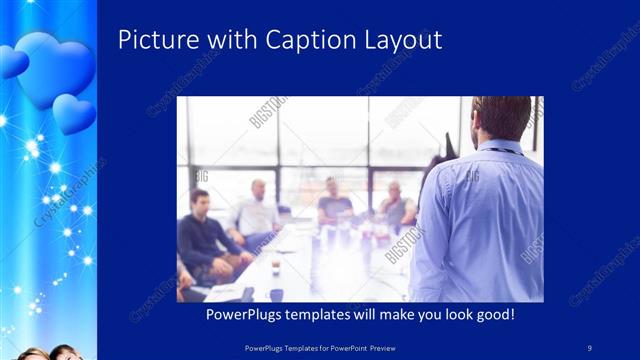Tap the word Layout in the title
click(405, 41)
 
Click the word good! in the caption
click(493, 314)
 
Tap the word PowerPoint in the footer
click(347, 347)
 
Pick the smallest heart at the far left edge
click(10, 62)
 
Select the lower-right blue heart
click(74, 113)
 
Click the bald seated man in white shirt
click(256, 210)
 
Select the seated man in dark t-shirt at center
click(334, 204)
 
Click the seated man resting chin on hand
click(396, 204)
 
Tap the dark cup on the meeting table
click(276, 295)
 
